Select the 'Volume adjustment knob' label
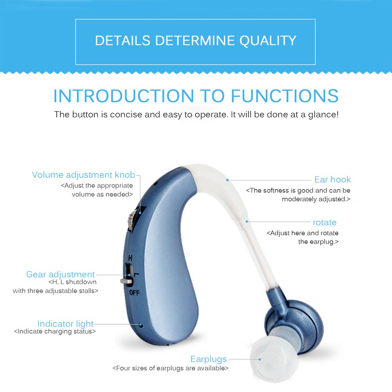(83, 175)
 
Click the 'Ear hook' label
(333, 179)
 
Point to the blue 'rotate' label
(324, 222)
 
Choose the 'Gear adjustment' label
(61, 274)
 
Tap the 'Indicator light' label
(66, 324)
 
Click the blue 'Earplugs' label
(208, 359)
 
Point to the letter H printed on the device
(130, 258)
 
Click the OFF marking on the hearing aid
(134, 293)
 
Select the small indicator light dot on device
(140, 324)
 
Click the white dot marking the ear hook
(228, 180)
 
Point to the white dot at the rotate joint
(247, 222)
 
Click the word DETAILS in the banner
(123, 40)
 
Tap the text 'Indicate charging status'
(55, 331)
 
